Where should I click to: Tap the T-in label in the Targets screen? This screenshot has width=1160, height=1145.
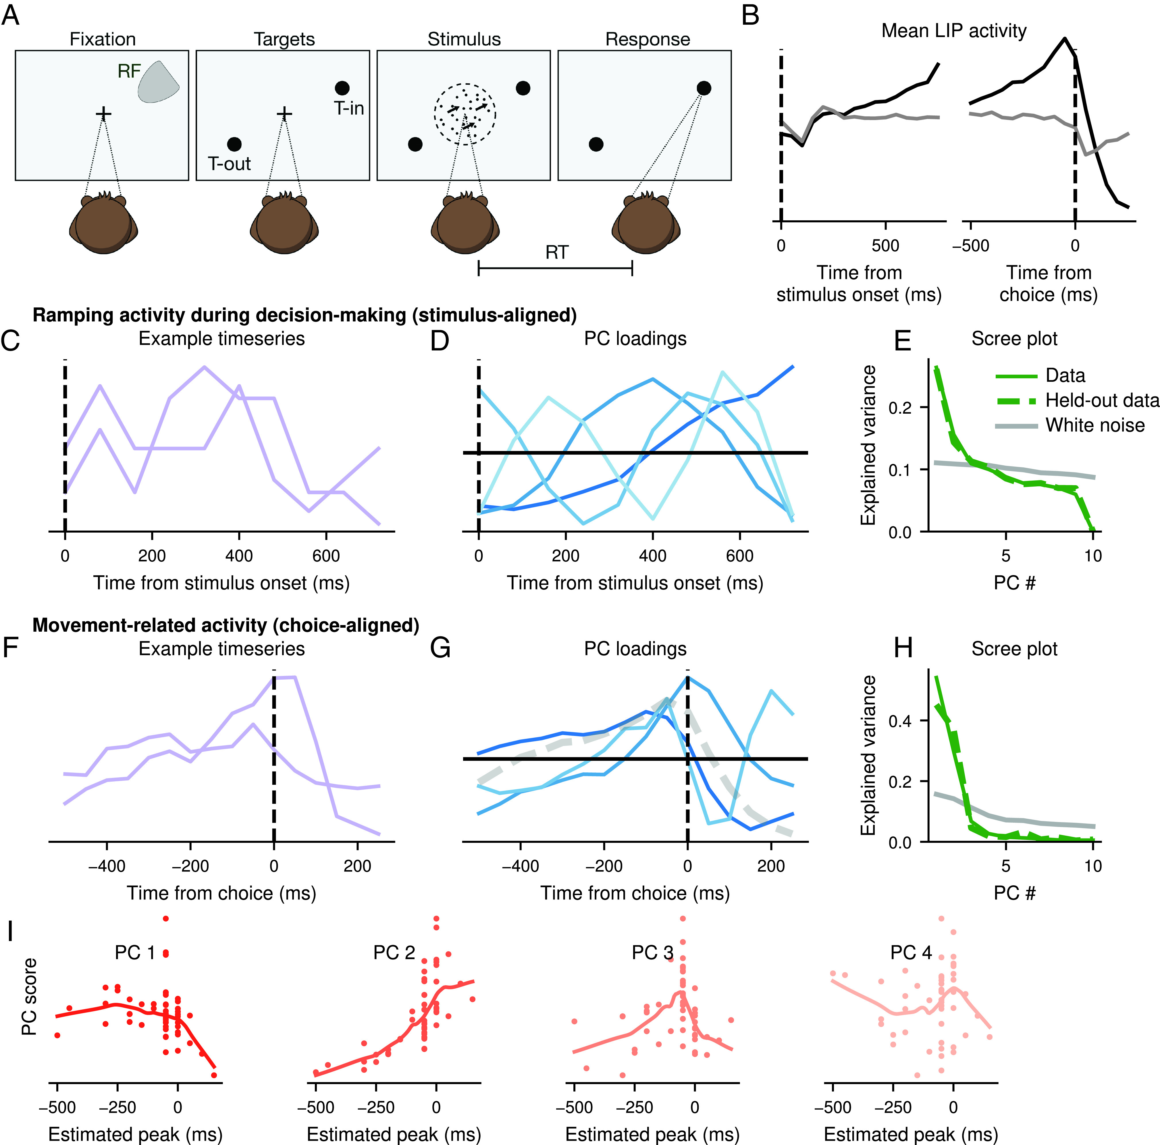pyautogui.click(x=349, y=109)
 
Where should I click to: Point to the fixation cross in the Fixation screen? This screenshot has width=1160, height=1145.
pyautogui.click(x=103, y=113)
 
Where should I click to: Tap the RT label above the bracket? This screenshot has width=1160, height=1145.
pyautogui.click(x=556, y=253)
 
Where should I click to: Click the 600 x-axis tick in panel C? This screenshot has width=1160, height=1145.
pyautogui.click(x=326, y=556)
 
